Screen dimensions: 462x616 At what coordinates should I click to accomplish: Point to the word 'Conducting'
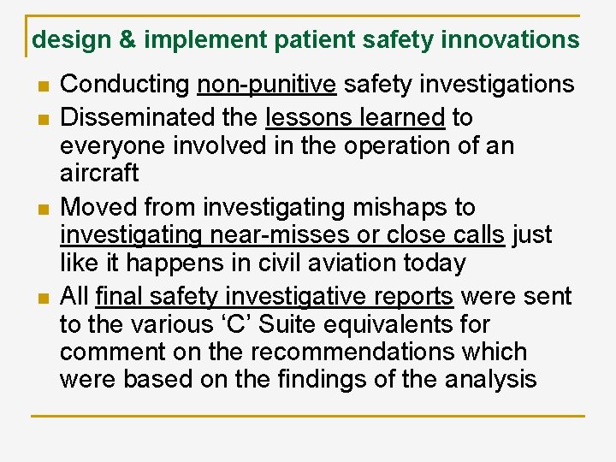[125, 85]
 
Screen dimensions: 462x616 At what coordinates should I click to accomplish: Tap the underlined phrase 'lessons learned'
[356, 116]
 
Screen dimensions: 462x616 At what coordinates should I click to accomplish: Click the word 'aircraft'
[99, 173]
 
